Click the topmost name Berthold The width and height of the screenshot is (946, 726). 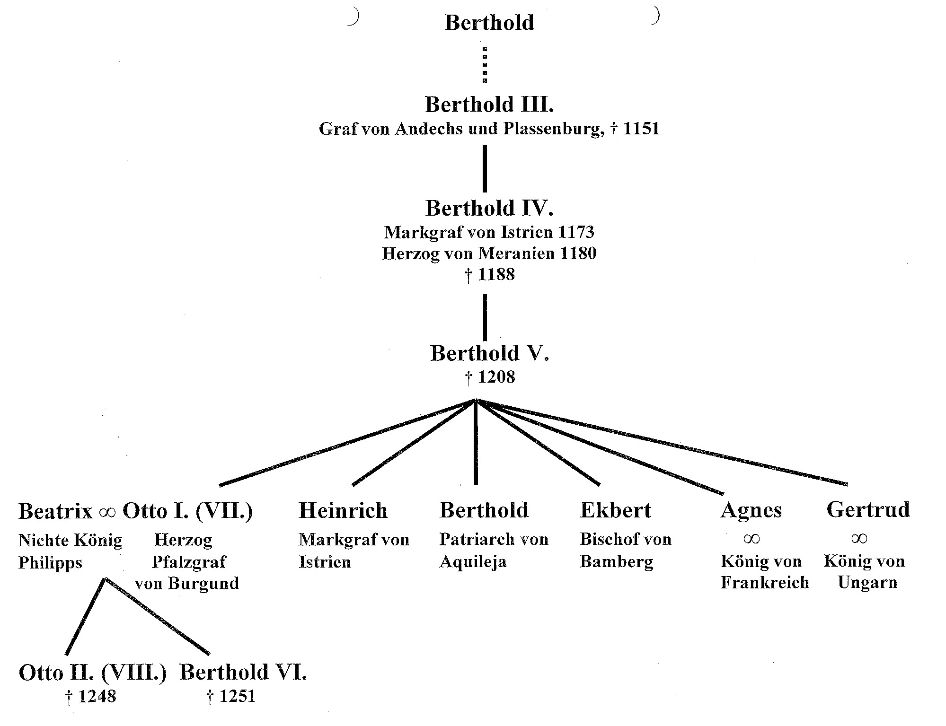489,23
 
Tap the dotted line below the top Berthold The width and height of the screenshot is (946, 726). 485,65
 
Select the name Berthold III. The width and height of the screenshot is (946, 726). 489,105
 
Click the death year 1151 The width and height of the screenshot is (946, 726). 641,129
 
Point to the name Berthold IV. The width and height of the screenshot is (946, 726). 489,208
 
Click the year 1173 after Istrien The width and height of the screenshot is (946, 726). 576,232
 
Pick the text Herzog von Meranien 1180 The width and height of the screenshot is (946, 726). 489,254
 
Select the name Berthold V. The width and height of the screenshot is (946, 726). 489,353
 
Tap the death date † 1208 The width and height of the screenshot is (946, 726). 489,377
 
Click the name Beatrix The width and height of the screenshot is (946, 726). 55,511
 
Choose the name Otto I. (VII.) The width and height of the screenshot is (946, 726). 188,511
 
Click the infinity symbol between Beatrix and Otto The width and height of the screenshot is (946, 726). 107,512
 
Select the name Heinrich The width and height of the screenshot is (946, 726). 343,511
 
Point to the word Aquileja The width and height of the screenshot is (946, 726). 473,562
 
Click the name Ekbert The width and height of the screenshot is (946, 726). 616,510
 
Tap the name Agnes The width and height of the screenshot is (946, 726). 751,511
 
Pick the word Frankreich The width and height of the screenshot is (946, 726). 765,582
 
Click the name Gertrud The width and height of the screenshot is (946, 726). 868,510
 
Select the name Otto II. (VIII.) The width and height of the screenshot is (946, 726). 93,673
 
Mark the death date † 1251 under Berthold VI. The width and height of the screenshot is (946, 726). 231,696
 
